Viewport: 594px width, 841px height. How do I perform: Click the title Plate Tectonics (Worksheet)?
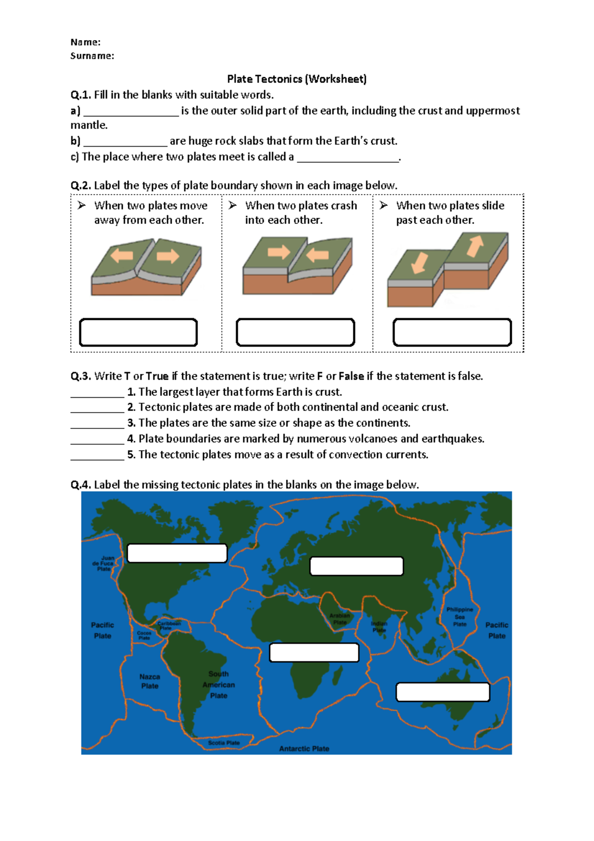pos(297,79)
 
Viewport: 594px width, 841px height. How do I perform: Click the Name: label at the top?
pos(85,42)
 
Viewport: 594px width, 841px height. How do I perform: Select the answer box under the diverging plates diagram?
pos(138,332)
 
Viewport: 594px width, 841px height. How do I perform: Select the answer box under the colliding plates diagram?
pos(295,332)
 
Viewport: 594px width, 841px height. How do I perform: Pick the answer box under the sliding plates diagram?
pos(452,332)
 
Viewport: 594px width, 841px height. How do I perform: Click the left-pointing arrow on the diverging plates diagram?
pos(122,256)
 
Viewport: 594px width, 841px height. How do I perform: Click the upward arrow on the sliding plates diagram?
pos(475,246)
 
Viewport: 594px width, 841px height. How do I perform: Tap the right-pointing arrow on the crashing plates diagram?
pos(279,252)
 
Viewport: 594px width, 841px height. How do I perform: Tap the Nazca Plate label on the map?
pos(149,682)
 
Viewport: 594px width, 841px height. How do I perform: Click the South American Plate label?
pos(218,685)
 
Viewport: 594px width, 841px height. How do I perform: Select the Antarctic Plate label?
pos(304,749)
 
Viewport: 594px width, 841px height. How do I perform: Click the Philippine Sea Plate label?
pos(460,617)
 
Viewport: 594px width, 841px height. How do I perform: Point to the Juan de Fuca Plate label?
pos(103,563)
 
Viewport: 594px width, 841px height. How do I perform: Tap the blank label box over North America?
pos(177,553)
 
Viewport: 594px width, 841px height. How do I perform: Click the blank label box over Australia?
pos(443,692)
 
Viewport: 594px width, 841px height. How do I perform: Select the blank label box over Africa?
pos(314,652)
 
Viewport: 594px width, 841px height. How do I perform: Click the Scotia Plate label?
pos(224,743)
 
